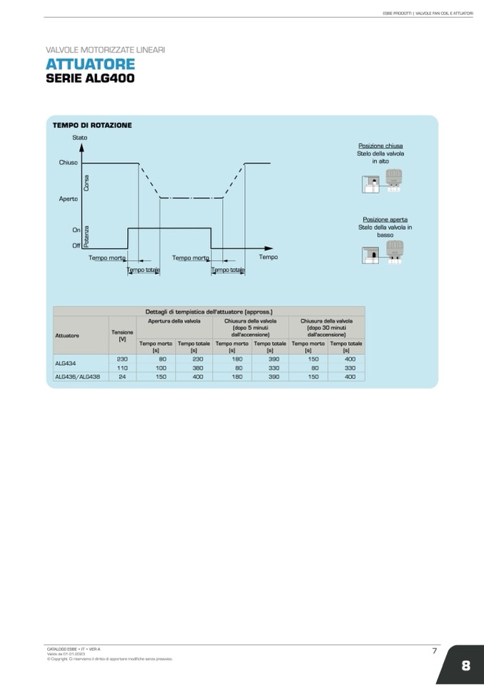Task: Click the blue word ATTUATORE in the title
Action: (x=89, y=65)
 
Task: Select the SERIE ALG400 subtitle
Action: (x=90, y=78)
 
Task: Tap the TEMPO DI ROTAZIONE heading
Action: (x=92, y=125)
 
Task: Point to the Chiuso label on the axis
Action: (x=68, y=163)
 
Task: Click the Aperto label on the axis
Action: (x=68, y=199)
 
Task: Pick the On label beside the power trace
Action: (x=76, y=230)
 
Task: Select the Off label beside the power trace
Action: (x=76, y=246)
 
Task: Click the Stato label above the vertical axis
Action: (x=80, y=137)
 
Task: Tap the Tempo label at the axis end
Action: (x=268, y=257)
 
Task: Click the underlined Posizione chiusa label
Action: (x=380, y=146)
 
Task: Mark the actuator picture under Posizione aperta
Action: (x=380, y=253)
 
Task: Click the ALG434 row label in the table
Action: (x=66, y=364)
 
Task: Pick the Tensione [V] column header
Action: (x=122, y=335)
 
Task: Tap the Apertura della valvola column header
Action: (x=174, y=321)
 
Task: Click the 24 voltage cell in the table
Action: (x=122, y=376)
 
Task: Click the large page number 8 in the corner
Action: (x=465, y=666)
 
